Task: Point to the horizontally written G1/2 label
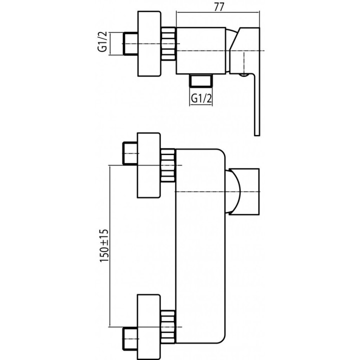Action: tap(201, 98)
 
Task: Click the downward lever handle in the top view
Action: tap(256, 105)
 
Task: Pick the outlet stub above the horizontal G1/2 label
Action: tap(201, 80)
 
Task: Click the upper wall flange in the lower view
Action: tap(149, 165)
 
